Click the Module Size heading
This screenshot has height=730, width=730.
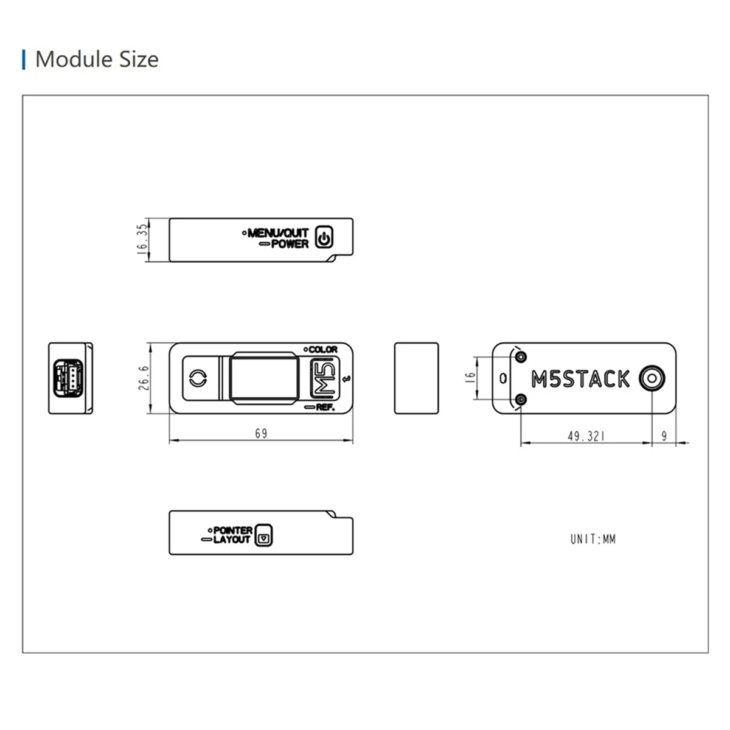tap(96, 60)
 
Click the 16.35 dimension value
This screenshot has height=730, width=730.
tap(142, 238)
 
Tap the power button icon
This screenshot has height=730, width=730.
tap(324, 238)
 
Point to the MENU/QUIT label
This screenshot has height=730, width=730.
tap(278, 232)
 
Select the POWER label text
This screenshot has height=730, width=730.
tap(290, 244)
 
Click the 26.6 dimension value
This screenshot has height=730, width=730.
tap(144, 378)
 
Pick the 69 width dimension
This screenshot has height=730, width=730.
tap(261, 433)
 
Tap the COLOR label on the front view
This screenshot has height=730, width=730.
tap(322, 350)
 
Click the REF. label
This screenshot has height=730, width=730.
tap(325, 407)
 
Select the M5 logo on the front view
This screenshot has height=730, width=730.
tap(323, 378)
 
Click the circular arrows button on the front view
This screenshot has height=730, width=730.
tap(197, 378)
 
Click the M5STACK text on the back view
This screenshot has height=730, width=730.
tap(580, 379)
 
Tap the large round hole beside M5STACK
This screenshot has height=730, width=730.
tap(652, 378)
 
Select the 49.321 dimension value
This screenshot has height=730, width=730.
tap(586, 436)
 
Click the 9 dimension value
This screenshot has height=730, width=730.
tap(664, 436)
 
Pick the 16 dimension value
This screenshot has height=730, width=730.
tap(470, 378)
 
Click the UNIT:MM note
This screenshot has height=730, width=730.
tap(593, 539)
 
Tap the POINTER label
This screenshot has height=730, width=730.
tap(232, 530)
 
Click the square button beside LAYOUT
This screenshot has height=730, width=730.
tap(263, 535)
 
